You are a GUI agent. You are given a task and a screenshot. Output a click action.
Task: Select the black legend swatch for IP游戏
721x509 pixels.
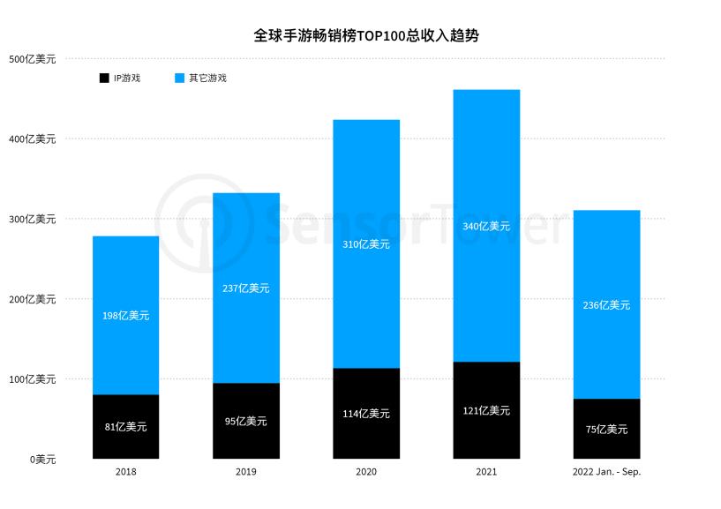(104, 79)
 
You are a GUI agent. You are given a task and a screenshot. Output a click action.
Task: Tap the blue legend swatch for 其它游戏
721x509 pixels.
(179, 79)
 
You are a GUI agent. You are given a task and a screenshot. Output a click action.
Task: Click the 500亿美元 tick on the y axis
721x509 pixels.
(32, 59)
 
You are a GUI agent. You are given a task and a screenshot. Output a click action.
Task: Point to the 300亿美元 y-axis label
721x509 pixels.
(32, 219)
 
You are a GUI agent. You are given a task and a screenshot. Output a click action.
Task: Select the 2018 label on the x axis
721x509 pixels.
(125, 472)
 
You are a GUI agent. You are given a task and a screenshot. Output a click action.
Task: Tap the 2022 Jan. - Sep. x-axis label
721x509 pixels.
(606, 472)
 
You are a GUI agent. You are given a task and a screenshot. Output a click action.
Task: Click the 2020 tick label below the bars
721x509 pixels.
(366, 472)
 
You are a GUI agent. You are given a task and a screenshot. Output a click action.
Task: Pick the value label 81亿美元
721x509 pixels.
(125, 427)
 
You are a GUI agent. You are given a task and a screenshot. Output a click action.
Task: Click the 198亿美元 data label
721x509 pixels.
(125, 315)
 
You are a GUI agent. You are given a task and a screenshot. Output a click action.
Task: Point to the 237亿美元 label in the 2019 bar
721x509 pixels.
(246, 288)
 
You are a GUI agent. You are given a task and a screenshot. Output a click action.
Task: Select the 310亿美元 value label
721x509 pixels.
(366, 244)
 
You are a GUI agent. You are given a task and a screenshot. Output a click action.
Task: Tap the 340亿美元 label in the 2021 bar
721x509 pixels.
(486, 227)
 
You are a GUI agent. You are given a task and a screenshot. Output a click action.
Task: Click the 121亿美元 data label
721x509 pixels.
(486, 410)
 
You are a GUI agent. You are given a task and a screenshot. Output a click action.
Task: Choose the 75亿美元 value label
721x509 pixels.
(606, 429)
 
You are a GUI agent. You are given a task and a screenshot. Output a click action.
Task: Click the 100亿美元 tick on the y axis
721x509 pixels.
(32, 379)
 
